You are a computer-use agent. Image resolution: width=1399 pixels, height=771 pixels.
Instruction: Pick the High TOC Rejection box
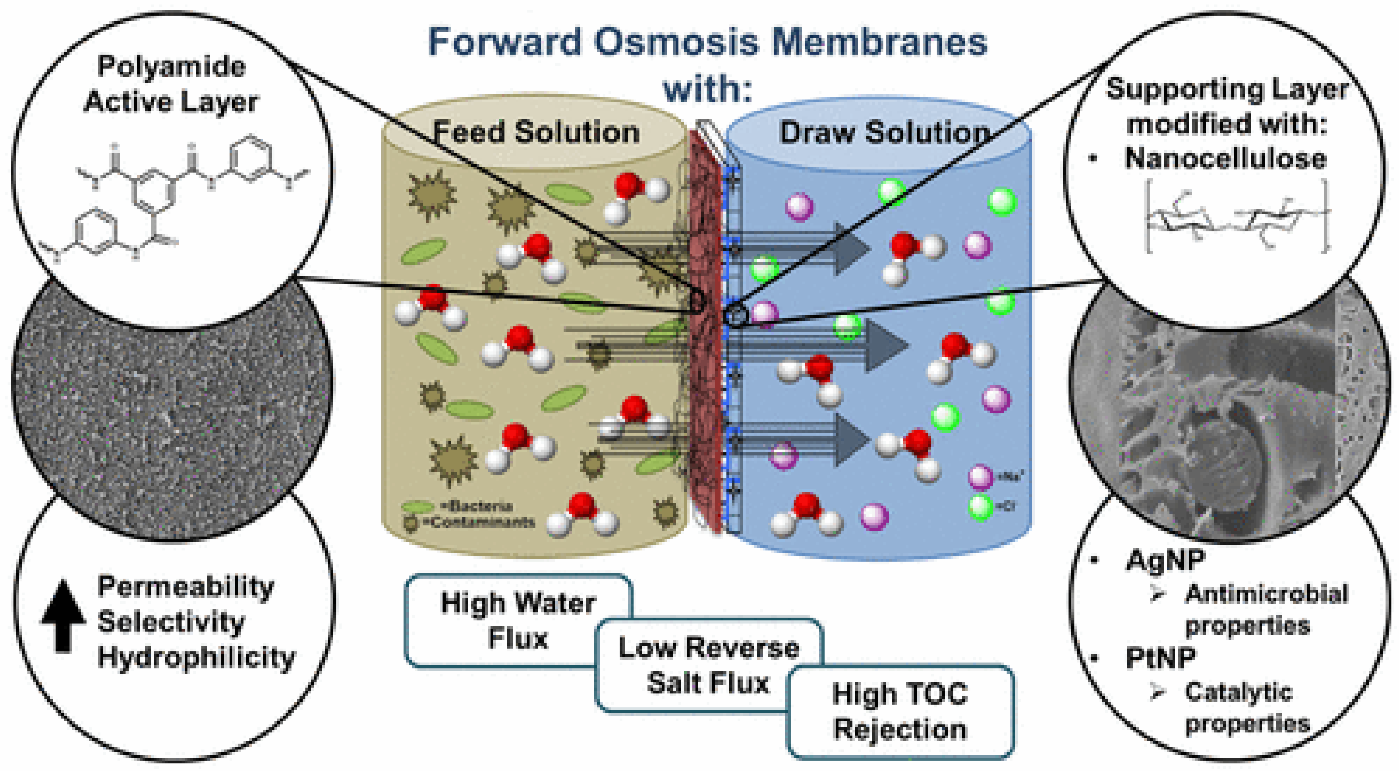[x=900, y=712]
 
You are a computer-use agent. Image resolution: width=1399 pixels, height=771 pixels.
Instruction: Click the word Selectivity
[x=171, y=622]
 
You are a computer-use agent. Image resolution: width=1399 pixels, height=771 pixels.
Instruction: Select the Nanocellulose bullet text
[x=1225, y=159]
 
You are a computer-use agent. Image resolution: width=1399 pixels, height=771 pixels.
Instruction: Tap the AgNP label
[x=1165, y=560]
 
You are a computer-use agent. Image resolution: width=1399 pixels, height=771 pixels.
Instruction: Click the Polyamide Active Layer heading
[x=171, y=84]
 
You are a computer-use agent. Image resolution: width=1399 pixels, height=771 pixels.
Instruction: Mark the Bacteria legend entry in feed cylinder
[x=478, y=506]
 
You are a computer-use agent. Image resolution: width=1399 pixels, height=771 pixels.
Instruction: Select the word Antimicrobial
[x=1266, y=594]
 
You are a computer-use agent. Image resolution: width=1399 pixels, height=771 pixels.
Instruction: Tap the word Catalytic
[x=1238, y=692]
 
